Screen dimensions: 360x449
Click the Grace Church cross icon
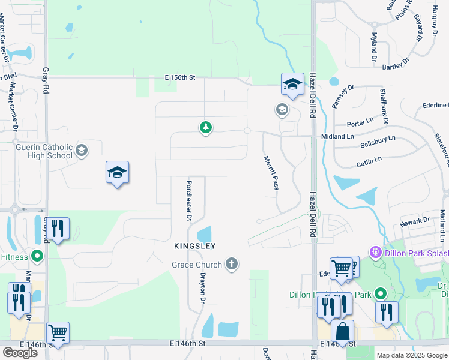[232, 264]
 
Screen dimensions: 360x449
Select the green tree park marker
[205, 127]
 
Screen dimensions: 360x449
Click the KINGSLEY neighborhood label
[194, 246]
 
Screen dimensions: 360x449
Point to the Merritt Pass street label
[271, 173]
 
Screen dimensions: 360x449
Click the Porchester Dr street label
[188, 200]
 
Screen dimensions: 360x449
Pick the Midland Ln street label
[337, 136]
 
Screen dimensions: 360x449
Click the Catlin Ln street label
[369, 161]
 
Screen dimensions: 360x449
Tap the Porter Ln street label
[360, 124]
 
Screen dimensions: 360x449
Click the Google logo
[20, 353]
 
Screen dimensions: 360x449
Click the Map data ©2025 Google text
[411, 355]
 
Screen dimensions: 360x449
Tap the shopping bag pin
[342, 331]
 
